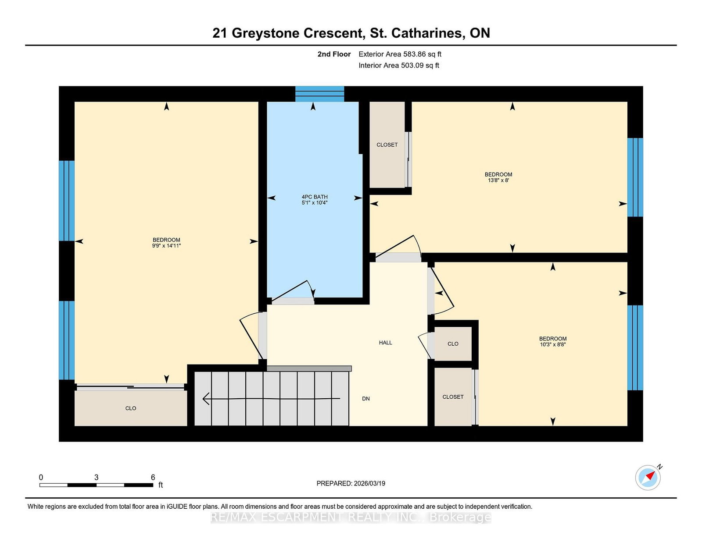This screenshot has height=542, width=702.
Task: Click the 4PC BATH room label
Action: click(314, 197)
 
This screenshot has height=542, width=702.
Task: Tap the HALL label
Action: click(385, 343)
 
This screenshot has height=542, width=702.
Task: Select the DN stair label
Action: click(366, 399)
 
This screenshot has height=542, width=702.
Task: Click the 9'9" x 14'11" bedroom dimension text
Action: click(166, 246)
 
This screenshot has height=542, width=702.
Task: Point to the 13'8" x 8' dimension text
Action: click(498, 181)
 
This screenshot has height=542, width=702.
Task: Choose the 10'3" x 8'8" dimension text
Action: click(552, 344)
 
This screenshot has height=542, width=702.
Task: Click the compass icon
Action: click(648, 478)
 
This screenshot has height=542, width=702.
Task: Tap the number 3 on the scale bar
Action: click(96, 478)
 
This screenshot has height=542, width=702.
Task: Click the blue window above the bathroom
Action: click(319, 94)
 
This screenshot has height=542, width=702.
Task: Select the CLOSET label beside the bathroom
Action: click(387, 145)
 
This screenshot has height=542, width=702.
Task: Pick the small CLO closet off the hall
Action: click(453, 344)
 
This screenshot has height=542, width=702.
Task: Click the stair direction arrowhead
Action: click(206, 399)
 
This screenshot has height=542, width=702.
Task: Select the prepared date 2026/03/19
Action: click(369, 484)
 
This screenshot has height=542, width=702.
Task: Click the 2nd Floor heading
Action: click(334, 54)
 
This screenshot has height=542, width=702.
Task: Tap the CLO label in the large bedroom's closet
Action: click(131, 408)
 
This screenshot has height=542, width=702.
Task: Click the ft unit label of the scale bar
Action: click(161, 485)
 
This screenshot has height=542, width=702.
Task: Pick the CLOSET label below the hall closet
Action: click(453, 397)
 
